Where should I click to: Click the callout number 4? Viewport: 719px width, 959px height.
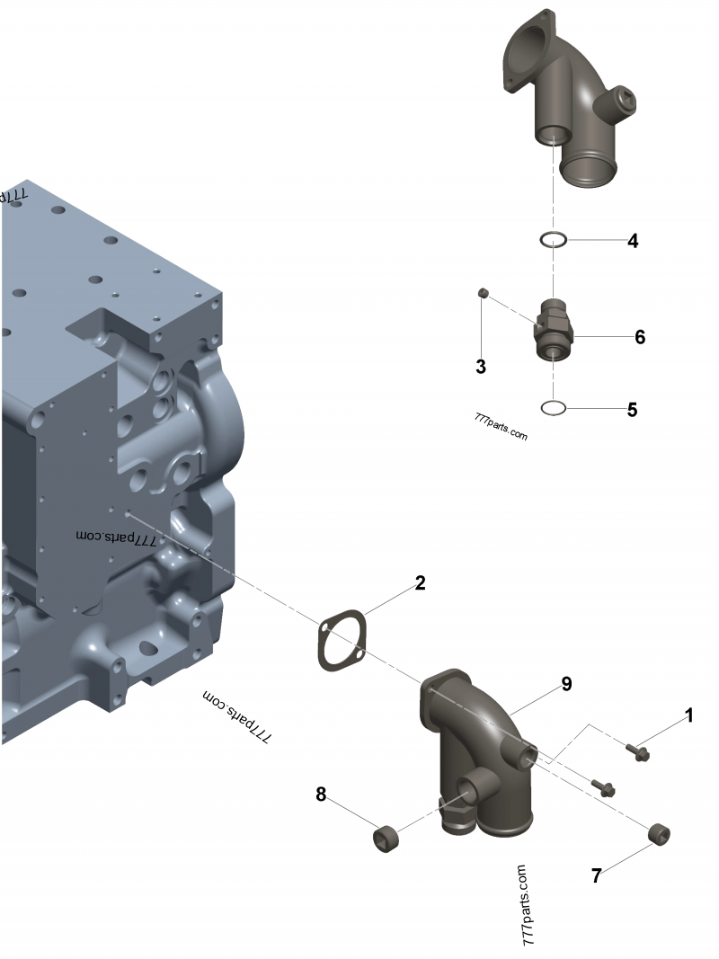633,241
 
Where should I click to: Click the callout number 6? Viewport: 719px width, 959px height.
640,337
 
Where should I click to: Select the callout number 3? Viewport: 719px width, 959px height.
481,366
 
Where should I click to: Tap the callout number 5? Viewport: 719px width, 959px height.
633,410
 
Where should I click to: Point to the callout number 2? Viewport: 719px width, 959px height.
420,583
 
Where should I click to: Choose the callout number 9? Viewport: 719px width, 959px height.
566,684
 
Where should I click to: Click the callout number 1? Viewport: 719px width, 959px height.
689,715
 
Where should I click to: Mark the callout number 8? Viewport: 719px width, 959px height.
321,794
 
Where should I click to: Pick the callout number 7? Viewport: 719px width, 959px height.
596,876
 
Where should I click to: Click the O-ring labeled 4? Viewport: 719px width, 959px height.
553,240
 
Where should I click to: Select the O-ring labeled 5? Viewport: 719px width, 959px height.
554,409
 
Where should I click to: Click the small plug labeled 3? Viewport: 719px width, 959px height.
483,292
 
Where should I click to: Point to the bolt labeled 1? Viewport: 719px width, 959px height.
638,750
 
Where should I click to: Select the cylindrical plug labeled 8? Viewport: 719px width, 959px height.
387,838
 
